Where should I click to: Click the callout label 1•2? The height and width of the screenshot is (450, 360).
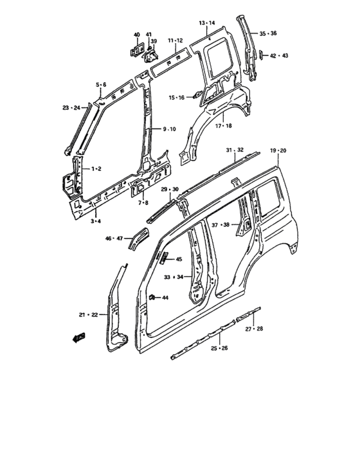coord(96,168)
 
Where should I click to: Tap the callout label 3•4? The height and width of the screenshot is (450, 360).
coord(95,221)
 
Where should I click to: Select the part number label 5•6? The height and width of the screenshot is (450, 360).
coord(102,85)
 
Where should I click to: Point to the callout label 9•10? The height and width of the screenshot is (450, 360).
coord(169,129)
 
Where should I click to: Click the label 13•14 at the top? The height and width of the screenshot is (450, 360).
coord(207,23)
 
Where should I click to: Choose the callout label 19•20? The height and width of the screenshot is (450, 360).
coord(278,150)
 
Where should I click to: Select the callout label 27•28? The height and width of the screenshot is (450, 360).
coord(255,328)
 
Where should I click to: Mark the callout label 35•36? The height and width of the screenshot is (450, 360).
coord(268,33)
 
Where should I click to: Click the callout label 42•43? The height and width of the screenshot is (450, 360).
coord(279,56)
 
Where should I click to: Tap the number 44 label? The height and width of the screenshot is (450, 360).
coord(165,298)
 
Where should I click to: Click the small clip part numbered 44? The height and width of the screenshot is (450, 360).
coord(153,296)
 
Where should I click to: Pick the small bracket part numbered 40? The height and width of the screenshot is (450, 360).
coord(136,49)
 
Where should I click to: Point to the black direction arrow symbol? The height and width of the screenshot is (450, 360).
coord(79,338)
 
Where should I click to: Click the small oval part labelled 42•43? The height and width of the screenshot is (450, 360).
coord(263,56)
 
